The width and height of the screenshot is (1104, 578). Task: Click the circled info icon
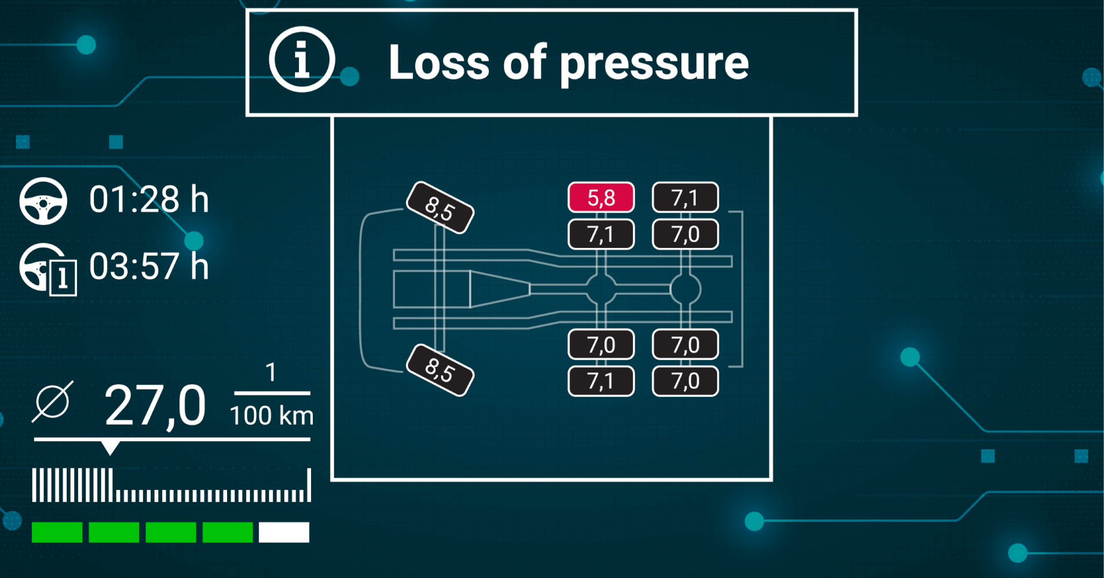tap(302, 59)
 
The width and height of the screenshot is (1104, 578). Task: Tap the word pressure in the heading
tap(654, 66)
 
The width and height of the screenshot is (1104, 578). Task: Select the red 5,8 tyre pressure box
tap(601, 197)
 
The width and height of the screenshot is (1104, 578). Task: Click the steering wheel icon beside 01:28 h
tap(43, 201)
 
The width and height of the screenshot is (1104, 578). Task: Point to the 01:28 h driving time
tap(148, 200)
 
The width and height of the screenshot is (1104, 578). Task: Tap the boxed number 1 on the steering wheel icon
tap(63, 278)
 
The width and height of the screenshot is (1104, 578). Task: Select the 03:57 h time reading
tap(148, 266)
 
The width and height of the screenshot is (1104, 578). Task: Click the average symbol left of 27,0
tap(52, 401)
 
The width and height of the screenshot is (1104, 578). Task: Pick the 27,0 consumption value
tap(155, 407)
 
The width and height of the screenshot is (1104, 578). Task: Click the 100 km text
tap(271, 415)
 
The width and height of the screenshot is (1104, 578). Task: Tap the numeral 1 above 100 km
tap(271, 373)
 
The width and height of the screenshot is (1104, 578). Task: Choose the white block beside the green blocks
tap(284, 532)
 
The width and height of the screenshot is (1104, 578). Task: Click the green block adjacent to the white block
tap(228, 532)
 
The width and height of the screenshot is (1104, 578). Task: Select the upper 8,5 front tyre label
tap(440, 208)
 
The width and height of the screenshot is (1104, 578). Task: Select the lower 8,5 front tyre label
tap(440, 370)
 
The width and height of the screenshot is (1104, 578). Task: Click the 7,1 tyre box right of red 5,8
tap(685, 197)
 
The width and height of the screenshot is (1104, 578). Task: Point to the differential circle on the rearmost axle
tap(685, 289)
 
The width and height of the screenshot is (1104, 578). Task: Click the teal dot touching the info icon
tap(350, 76)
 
